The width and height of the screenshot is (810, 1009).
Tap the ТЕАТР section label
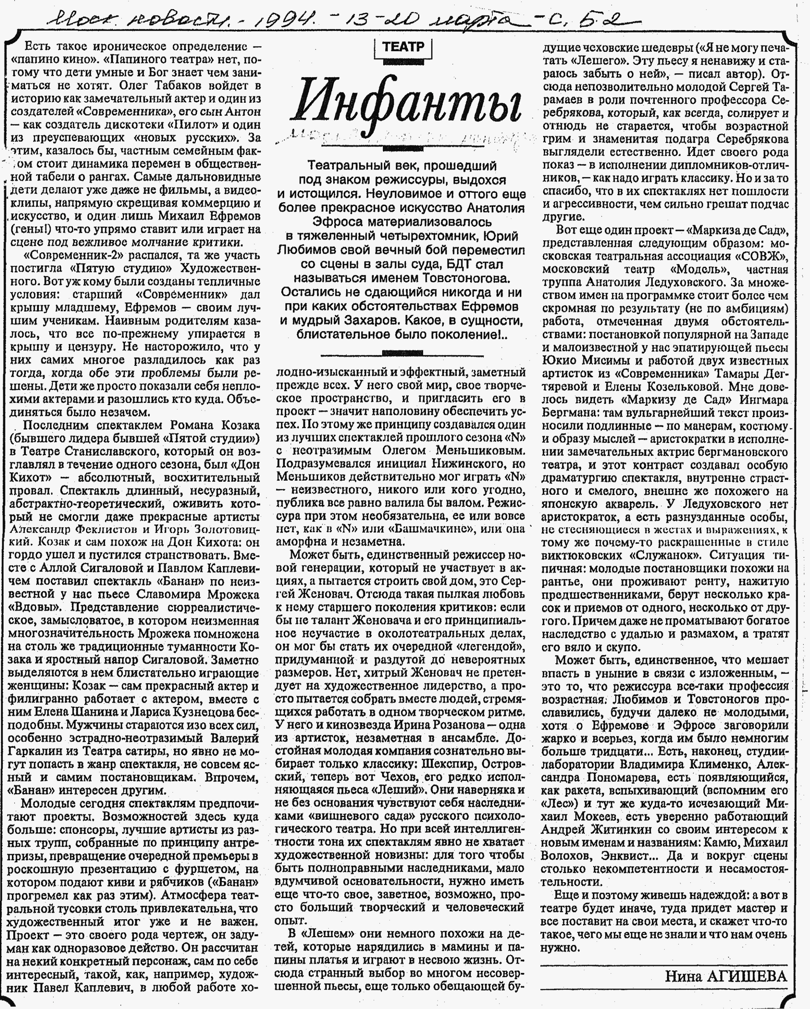point(403,47)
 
